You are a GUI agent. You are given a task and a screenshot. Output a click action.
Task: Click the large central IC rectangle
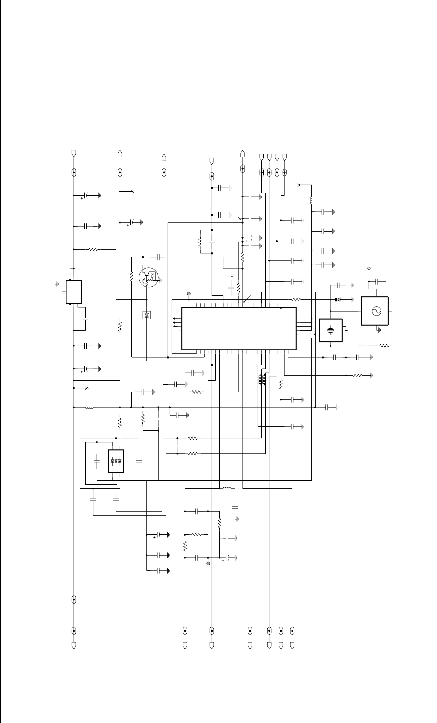[x=238, y=328]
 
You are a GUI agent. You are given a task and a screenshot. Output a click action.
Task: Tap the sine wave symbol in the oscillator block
[x=375, y=311]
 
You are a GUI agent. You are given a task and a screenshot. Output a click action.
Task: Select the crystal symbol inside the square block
[x=331, y=330]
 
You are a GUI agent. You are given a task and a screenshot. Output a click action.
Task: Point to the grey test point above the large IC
[x=189, y=294]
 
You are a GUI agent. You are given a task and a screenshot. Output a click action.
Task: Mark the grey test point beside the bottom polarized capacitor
[x=208, y=563]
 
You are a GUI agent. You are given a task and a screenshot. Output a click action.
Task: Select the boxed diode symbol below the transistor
[x=147, y=315]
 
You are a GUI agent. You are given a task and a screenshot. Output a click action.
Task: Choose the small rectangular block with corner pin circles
[x=74, y=292]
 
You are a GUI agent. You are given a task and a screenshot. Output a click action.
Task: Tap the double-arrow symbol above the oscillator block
[x=369, y=269]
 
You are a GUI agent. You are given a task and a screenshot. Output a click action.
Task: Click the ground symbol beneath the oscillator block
[x=379, y=330]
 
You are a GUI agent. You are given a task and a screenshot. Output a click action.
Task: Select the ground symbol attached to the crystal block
[x=348, y=330]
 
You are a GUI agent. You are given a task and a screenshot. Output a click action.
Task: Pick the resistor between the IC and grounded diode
[x=296, y=299]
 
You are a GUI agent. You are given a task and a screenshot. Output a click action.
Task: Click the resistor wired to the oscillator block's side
[x=385, y=346]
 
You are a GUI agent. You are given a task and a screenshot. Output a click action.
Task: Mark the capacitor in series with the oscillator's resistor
[x=365, y=346]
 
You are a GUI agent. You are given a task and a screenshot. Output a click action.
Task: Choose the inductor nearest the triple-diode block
[x=89, y=408]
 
